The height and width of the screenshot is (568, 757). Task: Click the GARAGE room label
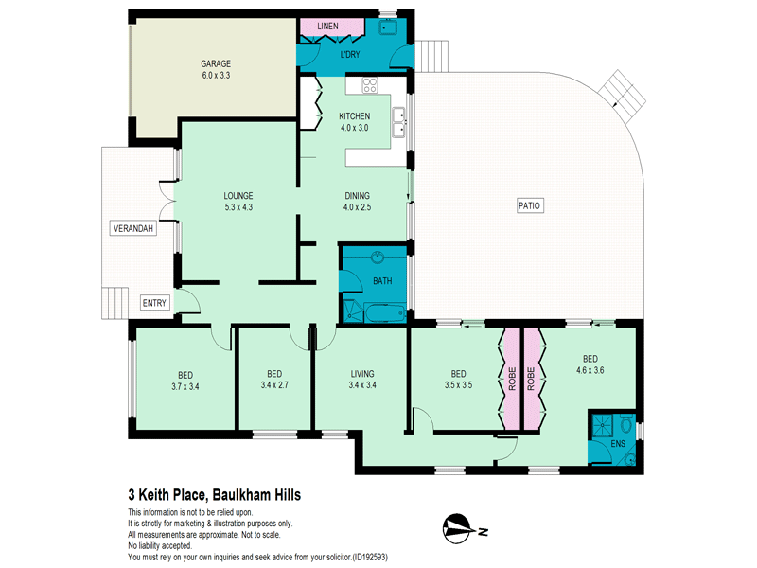pos(217,62)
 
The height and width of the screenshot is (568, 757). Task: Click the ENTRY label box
pos(153,303)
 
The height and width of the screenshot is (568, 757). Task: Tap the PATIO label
pos(530,205)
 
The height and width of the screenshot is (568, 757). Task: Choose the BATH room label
pos(382,281)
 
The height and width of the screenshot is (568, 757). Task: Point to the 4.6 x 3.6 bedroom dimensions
pos(590,371)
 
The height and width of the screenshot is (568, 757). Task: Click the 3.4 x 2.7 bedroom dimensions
pos(275,385)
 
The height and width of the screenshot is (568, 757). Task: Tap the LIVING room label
pos(363,373)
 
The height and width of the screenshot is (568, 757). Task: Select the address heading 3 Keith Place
pos(215,494)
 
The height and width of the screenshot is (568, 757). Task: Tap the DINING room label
pos(357,196)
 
